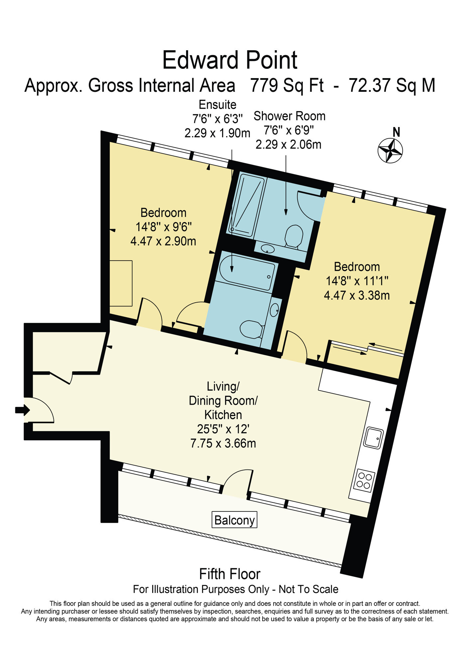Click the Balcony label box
tap(234, 520)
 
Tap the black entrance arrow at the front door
tap(22, 410)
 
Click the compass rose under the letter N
tap(390, 151)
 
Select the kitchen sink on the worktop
tap(374, 438)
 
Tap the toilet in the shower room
tap(294, 236)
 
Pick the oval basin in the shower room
tap(268, 248)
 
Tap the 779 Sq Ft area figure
tap(287, 85)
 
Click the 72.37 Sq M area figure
tap(392, 85)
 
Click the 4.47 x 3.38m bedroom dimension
tap(357, 295)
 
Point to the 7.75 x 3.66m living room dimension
tap(223, 443)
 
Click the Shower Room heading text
tap(289, 116)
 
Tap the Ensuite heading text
tap(217, 105)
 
